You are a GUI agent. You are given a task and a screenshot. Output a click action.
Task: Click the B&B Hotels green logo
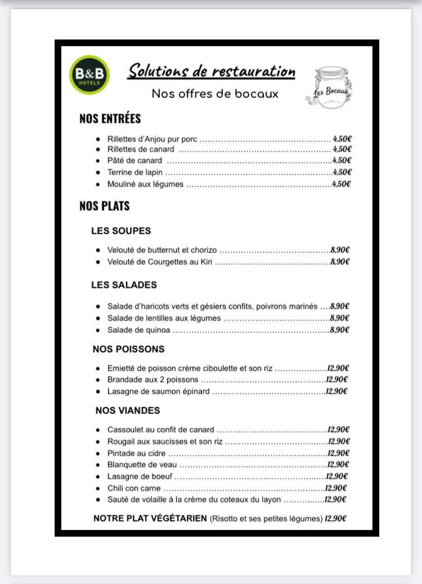tap(89, 75)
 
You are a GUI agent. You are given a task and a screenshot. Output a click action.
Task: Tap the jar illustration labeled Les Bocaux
tap(331, 85)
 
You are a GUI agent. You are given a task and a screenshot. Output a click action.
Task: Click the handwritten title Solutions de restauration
tap(212, 72)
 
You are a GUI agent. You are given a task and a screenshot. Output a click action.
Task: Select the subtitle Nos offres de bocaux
tap(215, 93)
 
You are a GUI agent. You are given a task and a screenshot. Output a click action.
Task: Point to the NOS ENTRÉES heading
tap(110, 119)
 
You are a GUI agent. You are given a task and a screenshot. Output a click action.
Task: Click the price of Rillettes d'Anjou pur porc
tap(342, 139)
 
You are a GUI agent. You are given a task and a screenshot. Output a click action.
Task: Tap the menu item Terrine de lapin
tap(135, 172)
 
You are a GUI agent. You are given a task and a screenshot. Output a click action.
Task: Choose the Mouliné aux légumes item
tap(145, 184)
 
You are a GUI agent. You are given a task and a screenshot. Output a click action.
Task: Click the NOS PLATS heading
tap(105, 206)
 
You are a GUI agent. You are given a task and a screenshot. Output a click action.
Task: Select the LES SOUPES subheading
tap(121, 231)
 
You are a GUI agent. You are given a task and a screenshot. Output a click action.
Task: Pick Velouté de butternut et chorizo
tap(162, 250)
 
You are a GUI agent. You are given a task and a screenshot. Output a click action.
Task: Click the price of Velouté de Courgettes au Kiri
tap(340, 261)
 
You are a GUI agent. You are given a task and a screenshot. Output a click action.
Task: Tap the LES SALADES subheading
tap(124, 285)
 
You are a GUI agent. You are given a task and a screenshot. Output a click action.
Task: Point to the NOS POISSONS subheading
tap(128, 350)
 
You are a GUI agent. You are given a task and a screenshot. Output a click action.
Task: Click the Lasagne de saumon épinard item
tap(159, 391)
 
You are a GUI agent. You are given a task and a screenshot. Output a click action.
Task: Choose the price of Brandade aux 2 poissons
tap(337, 380)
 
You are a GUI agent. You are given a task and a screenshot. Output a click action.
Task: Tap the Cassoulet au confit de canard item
tap(161, 430)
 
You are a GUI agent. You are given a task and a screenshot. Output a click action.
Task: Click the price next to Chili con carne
tap(336, 488)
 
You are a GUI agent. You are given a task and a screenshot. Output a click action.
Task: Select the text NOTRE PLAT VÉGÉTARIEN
tap(150, 519)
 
